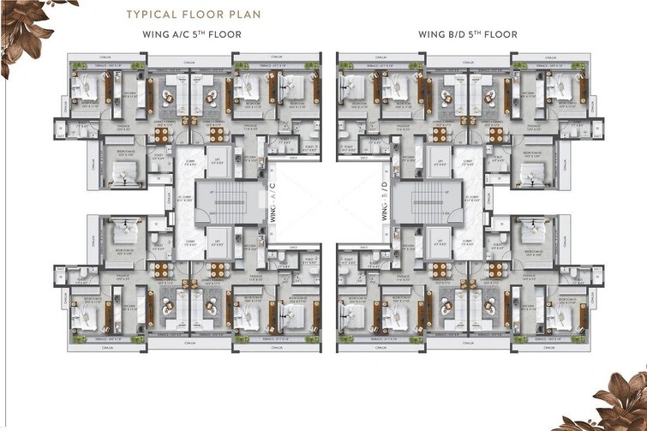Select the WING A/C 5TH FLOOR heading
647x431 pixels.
click(192, 35)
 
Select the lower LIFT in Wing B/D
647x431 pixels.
click(440, 242)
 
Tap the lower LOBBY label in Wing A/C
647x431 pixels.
click(189, 242)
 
